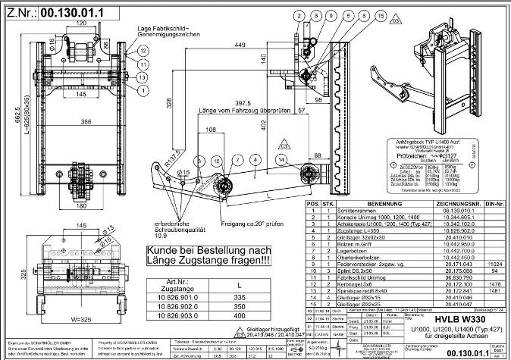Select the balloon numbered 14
[281, 159]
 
